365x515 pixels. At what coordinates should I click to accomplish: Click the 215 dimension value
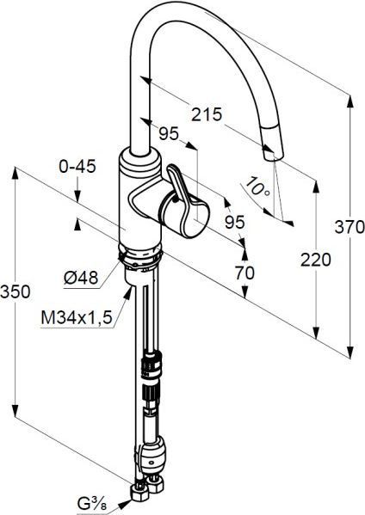(x=207, y=114)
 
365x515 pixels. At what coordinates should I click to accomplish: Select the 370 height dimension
(x=350, y=227)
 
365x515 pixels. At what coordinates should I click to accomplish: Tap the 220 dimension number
(x=315, y=260)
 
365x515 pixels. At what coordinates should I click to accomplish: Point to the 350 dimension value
(x=15, y=291)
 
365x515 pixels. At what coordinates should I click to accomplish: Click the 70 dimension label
(x=244, y=273)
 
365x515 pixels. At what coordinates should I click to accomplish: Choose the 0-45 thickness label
(x=77, y=166)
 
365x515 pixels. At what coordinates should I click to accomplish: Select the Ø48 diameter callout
(x=81, y=278)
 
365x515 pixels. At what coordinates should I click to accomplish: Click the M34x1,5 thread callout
(x=77, y=317)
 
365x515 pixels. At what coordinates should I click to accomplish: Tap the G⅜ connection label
(x=92, y=504)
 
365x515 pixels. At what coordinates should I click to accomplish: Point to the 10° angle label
(x=258, y=187)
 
